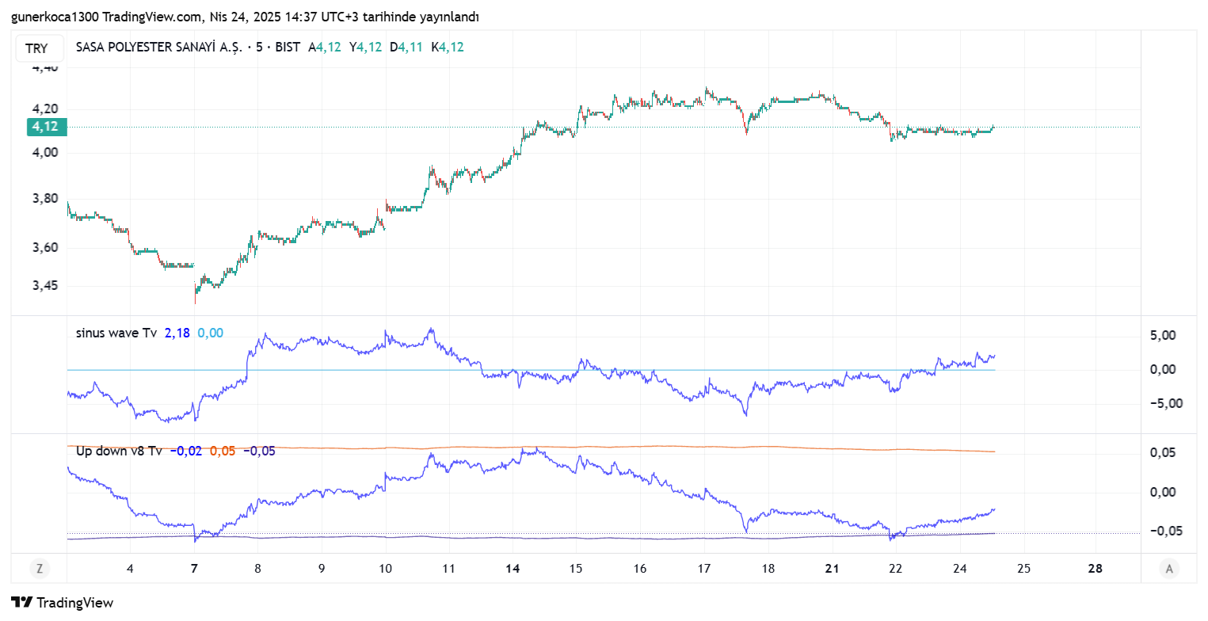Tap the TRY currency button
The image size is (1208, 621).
coord(36,48)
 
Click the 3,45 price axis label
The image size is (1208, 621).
coord(46,286)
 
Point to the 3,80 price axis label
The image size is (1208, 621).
coord(46,199)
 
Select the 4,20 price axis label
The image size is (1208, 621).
coord(46,109)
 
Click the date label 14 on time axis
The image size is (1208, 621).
coord(513,569)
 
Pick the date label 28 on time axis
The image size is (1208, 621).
coord(1096,569)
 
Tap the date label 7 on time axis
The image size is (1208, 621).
coord(194,569)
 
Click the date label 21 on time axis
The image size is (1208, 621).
coord(832,569)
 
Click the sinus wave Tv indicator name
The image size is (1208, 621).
coord(116,333)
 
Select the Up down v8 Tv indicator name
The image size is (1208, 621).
coord(119,451)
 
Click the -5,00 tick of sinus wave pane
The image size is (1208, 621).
coord(1161,403)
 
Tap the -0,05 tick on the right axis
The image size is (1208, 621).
coord(1161,531)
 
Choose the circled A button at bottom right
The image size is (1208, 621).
coord(1168,568)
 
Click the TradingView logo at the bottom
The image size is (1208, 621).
coord(63,603)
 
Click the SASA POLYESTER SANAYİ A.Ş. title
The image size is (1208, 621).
coord(158,48)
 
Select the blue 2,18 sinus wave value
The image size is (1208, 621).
coord(177,333)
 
